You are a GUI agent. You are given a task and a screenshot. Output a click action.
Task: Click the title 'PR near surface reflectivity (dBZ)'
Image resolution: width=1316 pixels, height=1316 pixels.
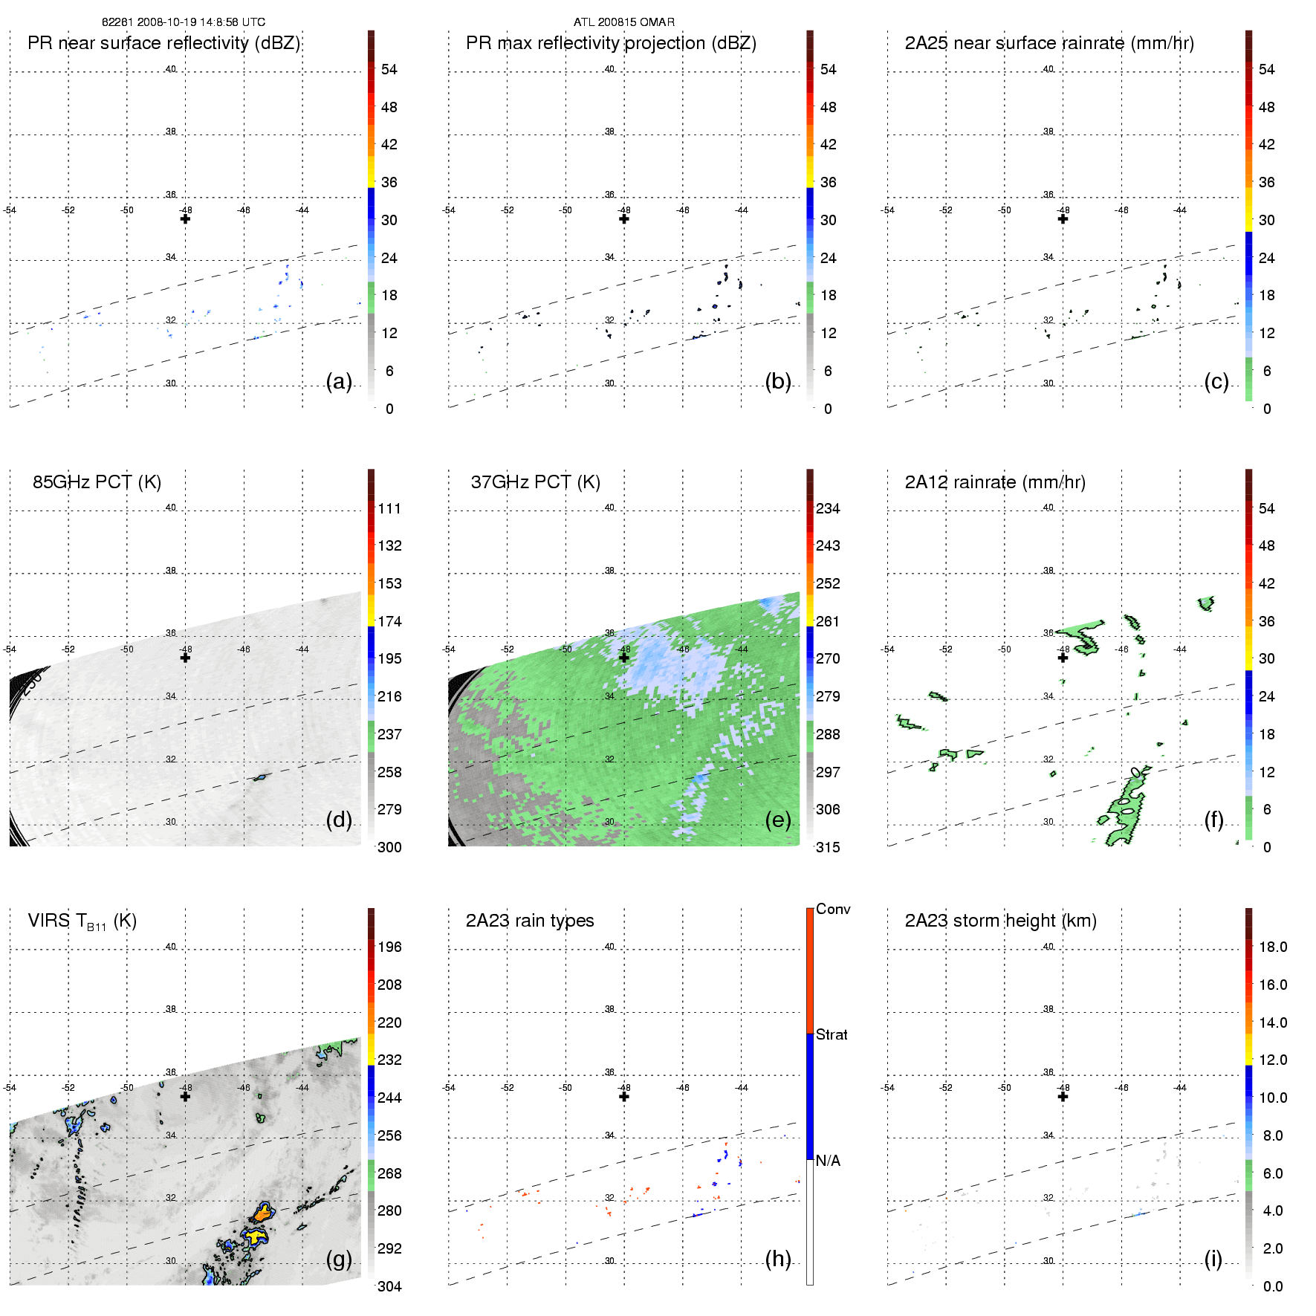pyautogui.click(x=163, y=43)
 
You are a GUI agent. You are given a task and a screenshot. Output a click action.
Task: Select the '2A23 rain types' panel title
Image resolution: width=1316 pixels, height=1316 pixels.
pyautogui.click(x=529, y=921)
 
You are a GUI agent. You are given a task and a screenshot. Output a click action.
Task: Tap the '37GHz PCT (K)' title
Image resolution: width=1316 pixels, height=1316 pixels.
pyautogui.click(x=535, y=482)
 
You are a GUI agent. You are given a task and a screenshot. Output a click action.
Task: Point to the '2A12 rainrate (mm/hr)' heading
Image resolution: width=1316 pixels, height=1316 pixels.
pyautogui.click(x=994, y=482)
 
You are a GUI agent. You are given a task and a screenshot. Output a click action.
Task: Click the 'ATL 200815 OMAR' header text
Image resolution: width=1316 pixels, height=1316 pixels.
pyautogui.click(x=623, y=22)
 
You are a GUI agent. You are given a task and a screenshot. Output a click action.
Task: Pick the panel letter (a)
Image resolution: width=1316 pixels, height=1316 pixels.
pyautogui.click(x=339, y=382)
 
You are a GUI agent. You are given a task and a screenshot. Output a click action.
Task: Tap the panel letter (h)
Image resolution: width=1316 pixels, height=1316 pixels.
pyautogui.click(x=777, y=1259)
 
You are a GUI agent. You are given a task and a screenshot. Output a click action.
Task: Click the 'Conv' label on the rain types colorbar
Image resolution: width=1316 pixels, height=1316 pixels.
pyautogui.click(x=832, y=910)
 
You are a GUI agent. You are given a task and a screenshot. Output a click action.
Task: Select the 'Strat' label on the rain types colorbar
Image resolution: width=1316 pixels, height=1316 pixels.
pyautogui.click(x=832, y=1035)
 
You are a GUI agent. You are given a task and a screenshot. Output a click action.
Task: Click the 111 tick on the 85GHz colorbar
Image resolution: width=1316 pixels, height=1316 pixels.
pyautogui.click(x=389, y=509)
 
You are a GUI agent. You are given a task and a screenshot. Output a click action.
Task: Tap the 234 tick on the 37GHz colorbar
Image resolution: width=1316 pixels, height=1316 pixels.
pyautogui.click(x=827, y=509)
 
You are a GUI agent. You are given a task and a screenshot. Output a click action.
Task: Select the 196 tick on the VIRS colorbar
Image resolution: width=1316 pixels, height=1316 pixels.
pyautogui.click(x=389, y=947)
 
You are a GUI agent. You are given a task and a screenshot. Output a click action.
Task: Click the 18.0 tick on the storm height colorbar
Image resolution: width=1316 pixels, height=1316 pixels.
pyautogui.click(x=1272, y=947)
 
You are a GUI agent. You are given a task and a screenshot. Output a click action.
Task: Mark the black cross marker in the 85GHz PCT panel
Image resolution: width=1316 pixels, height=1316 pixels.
pyautogui.click(x=185, y=658)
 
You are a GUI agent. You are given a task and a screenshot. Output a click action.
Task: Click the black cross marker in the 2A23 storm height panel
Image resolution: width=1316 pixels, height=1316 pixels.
pyautogui.click(x=1063, y=1096)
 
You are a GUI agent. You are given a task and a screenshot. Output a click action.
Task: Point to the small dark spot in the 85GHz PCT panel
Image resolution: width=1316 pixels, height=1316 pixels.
pyautogui.click(x=260, y=777)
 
